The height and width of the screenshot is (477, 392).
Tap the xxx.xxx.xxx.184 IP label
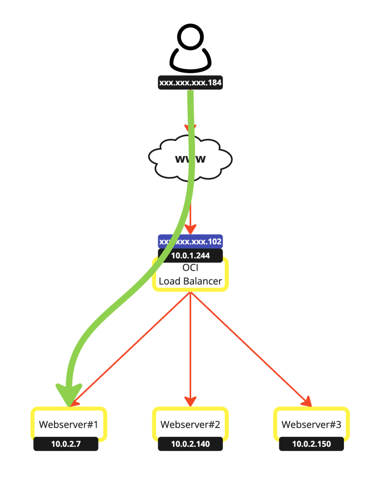pos(191,83)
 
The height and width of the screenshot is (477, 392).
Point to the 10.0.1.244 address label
pos(190,255)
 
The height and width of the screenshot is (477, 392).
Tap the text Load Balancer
pos(190,281)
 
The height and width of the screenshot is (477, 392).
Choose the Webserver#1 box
pos(69,424)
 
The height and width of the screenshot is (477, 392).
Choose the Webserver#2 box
pos(190,424)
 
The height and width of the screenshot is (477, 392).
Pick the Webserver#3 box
pos(312,424)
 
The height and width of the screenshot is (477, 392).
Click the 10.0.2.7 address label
pos(66,444)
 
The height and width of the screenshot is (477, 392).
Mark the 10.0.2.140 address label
pos(190,444)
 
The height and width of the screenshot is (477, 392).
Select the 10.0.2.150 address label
pos(312,444)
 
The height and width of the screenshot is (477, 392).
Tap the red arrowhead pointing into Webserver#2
pos(190,400)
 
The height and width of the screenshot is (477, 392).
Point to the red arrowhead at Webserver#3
pos(307,401)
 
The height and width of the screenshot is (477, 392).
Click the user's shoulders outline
pos(191,61)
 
